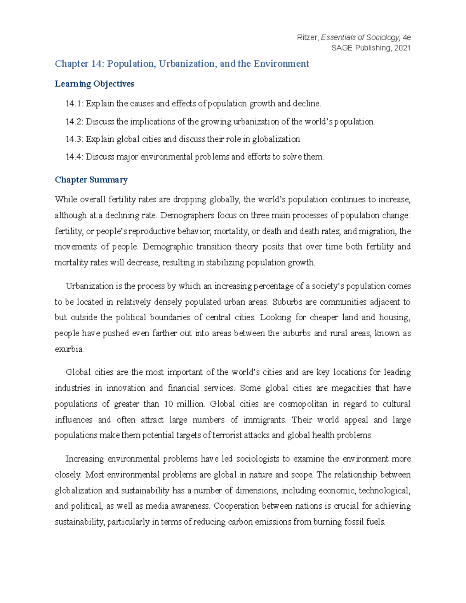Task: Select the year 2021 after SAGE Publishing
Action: coord(402,48)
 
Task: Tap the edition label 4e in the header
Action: coord(407,38)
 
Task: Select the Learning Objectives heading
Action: coord(94,84)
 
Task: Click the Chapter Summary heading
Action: coord(91,180)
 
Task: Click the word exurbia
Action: coord(69,349)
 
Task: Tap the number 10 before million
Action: coord(169,404)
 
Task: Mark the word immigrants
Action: coord(264,420)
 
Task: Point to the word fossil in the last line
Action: coord(354,522)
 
